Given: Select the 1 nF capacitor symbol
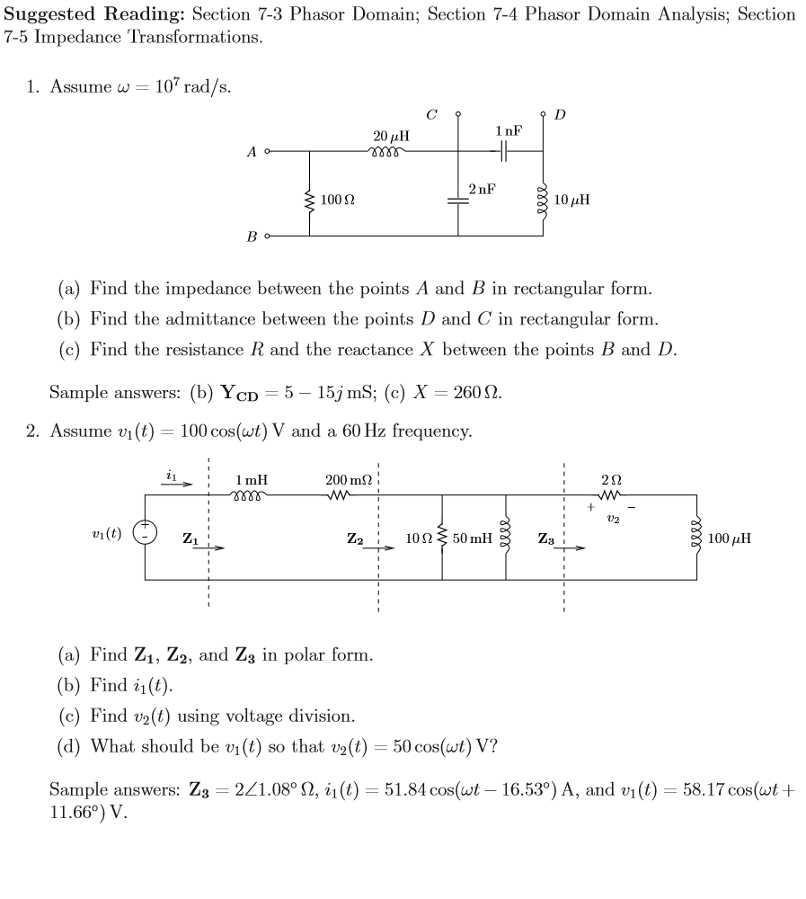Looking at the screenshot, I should tap(504, 152).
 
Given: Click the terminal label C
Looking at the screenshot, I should tap(432, 114).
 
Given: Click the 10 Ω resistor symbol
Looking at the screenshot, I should tap(442, 538).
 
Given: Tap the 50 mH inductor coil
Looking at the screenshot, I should tap(505, 538).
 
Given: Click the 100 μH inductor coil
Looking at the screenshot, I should tap(697, 538).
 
